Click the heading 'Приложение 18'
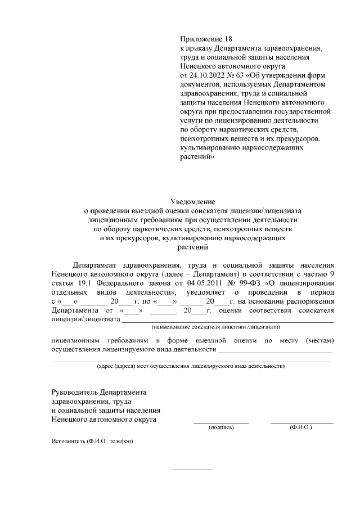[x=205, y=39]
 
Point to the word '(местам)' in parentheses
[x=319, y=341]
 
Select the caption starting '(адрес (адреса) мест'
[x=191, y=366]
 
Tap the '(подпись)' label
[x=221, y=428]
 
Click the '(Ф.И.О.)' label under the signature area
[x=301, y=428]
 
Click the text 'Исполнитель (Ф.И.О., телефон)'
[x=92, y=442]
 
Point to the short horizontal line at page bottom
[x=192, y=469]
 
